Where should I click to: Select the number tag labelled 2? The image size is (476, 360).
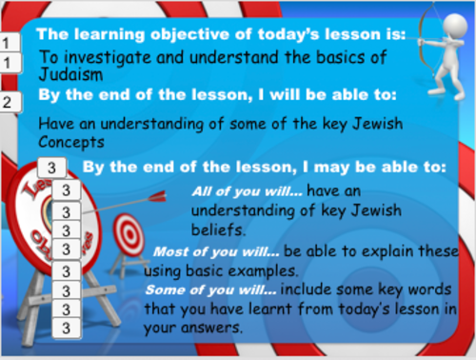(9, 102)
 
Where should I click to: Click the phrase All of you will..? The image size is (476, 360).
(236, 189)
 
